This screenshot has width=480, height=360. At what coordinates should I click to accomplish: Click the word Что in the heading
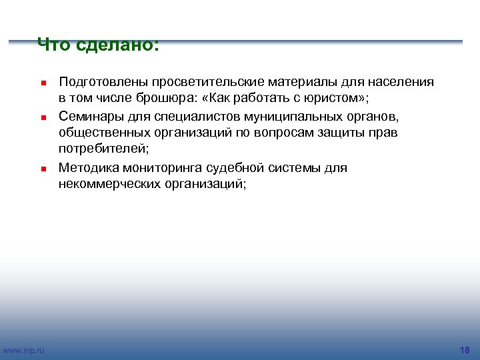[53, 45]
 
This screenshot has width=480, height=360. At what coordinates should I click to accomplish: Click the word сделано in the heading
[117, 45]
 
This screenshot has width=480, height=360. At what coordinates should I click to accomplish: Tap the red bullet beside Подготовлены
[41, 83]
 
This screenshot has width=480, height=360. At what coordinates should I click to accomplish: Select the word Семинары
[89, 117]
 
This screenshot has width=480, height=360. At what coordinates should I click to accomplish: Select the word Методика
[89, 167]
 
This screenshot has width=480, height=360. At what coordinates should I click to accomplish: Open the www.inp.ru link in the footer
[24, 350]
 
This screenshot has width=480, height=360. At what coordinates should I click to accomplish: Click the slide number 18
[465, 350]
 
